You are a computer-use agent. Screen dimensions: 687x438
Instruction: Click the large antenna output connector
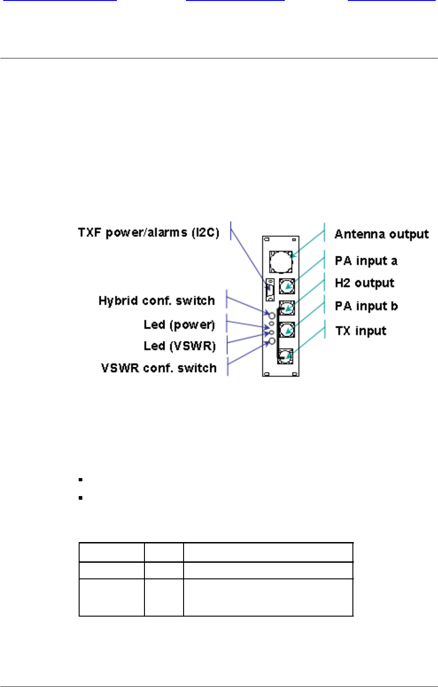coord(281,262)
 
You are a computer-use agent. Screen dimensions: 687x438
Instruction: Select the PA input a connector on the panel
coord(287,286)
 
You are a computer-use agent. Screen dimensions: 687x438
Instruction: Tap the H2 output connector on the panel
coord(287,307)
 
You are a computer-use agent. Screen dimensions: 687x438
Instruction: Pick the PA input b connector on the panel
coord(287,329)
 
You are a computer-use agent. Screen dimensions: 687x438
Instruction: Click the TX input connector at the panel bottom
coord(285,356)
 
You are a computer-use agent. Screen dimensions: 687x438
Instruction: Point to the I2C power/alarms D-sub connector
coord(271,290)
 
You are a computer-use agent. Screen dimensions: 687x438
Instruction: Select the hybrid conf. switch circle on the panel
coord(272,316)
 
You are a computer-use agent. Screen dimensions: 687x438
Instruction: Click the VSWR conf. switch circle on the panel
coord(272,341)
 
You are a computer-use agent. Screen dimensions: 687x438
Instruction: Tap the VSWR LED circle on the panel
coord(272,332)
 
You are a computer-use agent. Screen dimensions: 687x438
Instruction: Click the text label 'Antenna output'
coord(381,234)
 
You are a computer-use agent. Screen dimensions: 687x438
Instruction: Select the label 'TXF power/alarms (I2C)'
coord(149,232)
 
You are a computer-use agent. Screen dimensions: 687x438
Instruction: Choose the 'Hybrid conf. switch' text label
coord(156,301)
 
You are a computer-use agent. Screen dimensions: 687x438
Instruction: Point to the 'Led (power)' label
coord(179,325)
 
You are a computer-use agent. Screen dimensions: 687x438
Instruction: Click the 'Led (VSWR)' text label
coord(179,346)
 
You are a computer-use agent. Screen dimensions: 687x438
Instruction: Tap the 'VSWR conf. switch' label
coord(159,368)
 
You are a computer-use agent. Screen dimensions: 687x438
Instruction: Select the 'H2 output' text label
coord(364,283)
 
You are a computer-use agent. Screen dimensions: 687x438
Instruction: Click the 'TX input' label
coord(361,331)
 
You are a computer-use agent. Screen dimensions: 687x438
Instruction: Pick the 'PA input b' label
coord(366,306)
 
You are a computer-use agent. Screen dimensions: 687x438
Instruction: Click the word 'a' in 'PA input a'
coord(394,261)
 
